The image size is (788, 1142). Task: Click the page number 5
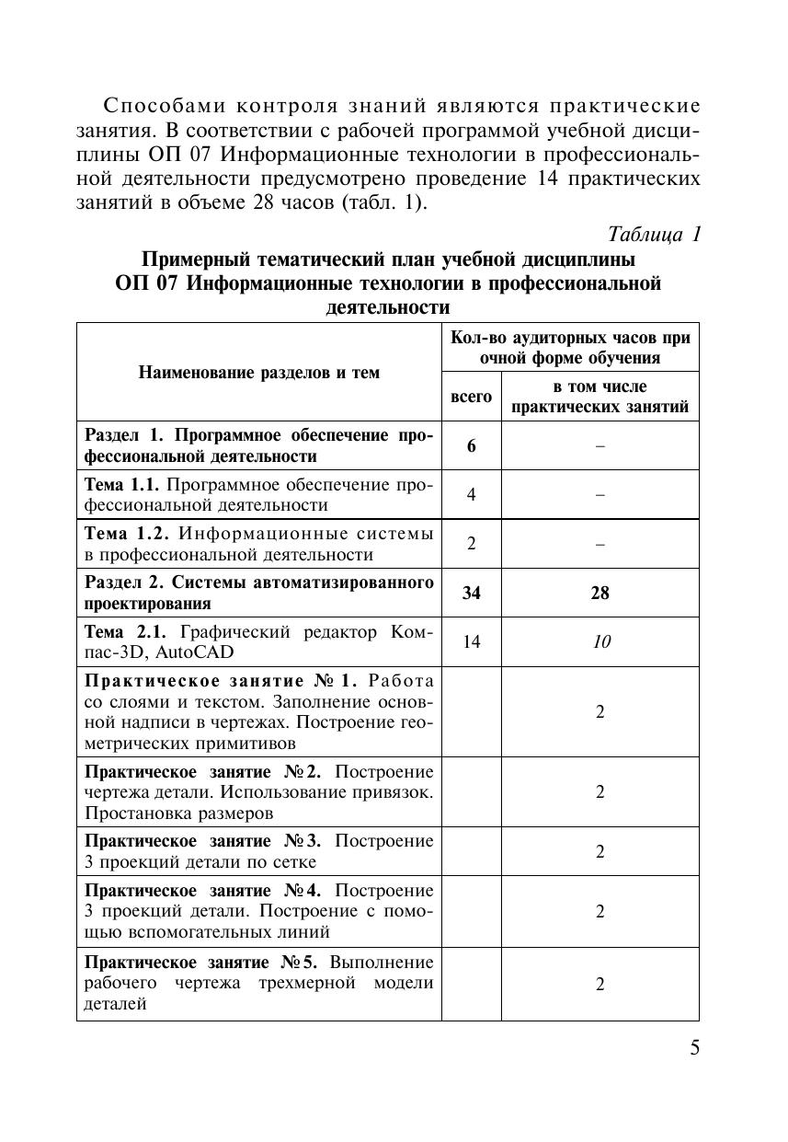coord(694,1048)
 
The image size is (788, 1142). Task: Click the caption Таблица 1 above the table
coord(655,234)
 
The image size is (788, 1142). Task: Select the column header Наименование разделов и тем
coord(258,372)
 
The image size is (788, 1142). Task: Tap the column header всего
coord(471,397)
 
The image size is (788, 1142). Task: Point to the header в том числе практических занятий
coord(600,397)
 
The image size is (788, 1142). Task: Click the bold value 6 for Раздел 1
coord(471,446)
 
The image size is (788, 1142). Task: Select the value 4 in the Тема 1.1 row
coord(471,495)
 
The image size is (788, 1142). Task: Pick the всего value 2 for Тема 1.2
coord(471,544)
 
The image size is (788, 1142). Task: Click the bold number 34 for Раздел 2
coord(471,594)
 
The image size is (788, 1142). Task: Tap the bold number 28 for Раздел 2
coord(600,594)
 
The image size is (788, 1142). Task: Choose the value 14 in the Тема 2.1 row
coord(471,641)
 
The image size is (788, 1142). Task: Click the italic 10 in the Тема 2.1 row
coord(600,641)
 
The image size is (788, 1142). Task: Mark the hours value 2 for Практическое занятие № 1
coord(600,711)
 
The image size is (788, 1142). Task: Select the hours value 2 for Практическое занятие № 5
coord(600,984)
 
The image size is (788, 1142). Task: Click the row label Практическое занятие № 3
coord(203,842)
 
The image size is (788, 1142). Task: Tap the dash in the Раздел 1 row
coord(600,446)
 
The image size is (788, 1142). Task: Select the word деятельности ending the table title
coord(387,307)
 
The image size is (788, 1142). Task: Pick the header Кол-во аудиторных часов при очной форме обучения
coord(570,347)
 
